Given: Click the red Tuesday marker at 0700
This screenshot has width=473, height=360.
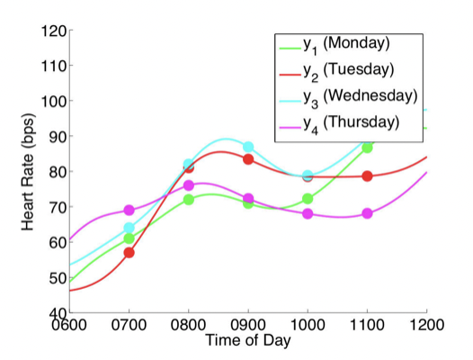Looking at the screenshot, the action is point(129,253).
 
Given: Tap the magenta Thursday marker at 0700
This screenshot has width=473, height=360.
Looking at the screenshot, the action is point(129,210).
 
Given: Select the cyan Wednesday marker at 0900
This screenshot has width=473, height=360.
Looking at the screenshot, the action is point(248,147).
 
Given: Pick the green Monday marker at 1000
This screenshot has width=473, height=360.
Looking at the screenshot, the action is point(308,198).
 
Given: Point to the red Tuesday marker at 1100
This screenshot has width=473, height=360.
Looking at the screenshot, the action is point(367,176).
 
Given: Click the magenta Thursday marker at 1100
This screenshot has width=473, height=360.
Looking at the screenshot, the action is point(367,213).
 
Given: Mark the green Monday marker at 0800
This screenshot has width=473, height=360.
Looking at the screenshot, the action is point(189,200).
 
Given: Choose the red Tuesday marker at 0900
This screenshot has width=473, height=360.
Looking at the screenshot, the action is point(248,159).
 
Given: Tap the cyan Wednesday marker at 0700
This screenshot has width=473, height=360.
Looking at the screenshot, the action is point(129,228).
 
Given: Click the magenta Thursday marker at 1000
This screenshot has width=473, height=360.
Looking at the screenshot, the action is point(308,214).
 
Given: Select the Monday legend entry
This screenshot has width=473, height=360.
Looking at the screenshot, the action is point(335,45).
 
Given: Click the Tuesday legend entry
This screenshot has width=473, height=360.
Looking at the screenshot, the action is point(336,72).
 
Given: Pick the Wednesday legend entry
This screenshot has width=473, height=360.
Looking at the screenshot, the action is point(348,98).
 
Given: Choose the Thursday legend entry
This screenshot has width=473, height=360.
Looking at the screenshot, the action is point(339,124).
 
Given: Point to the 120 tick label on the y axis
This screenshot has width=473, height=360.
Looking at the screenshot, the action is point(54,31).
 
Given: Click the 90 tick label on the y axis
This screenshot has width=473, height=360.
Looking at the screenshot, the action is point(58,137).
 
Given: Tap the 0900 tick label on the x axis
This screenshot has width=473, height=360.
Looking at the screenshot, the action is point(248,325).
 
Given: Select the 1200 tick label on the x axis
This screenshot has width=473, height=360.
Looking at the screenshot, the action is point(426,325).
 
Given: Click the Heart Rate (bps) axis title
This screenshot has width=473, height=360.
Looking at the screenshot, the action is point(28,172).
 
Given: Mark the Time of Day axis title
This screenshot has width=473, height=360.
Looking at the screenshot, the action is point(248,340).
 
